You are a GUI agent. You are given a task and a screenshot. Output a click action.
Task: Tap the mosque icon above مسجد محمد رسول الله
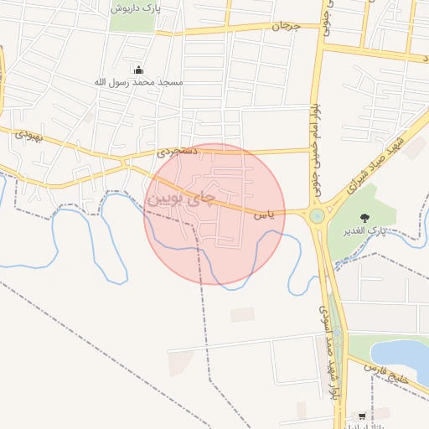138,70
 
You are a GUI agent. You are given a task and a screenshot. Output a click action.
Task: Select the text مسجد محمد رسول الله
138,83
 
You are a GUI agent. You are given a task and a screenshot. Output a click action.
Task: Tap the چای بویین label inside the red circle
182,200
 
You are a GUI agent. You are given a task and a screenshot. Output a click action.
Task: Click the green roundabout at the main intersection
317,216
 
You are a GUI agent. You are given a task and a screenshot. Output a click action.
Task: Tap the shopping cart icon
361,416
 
